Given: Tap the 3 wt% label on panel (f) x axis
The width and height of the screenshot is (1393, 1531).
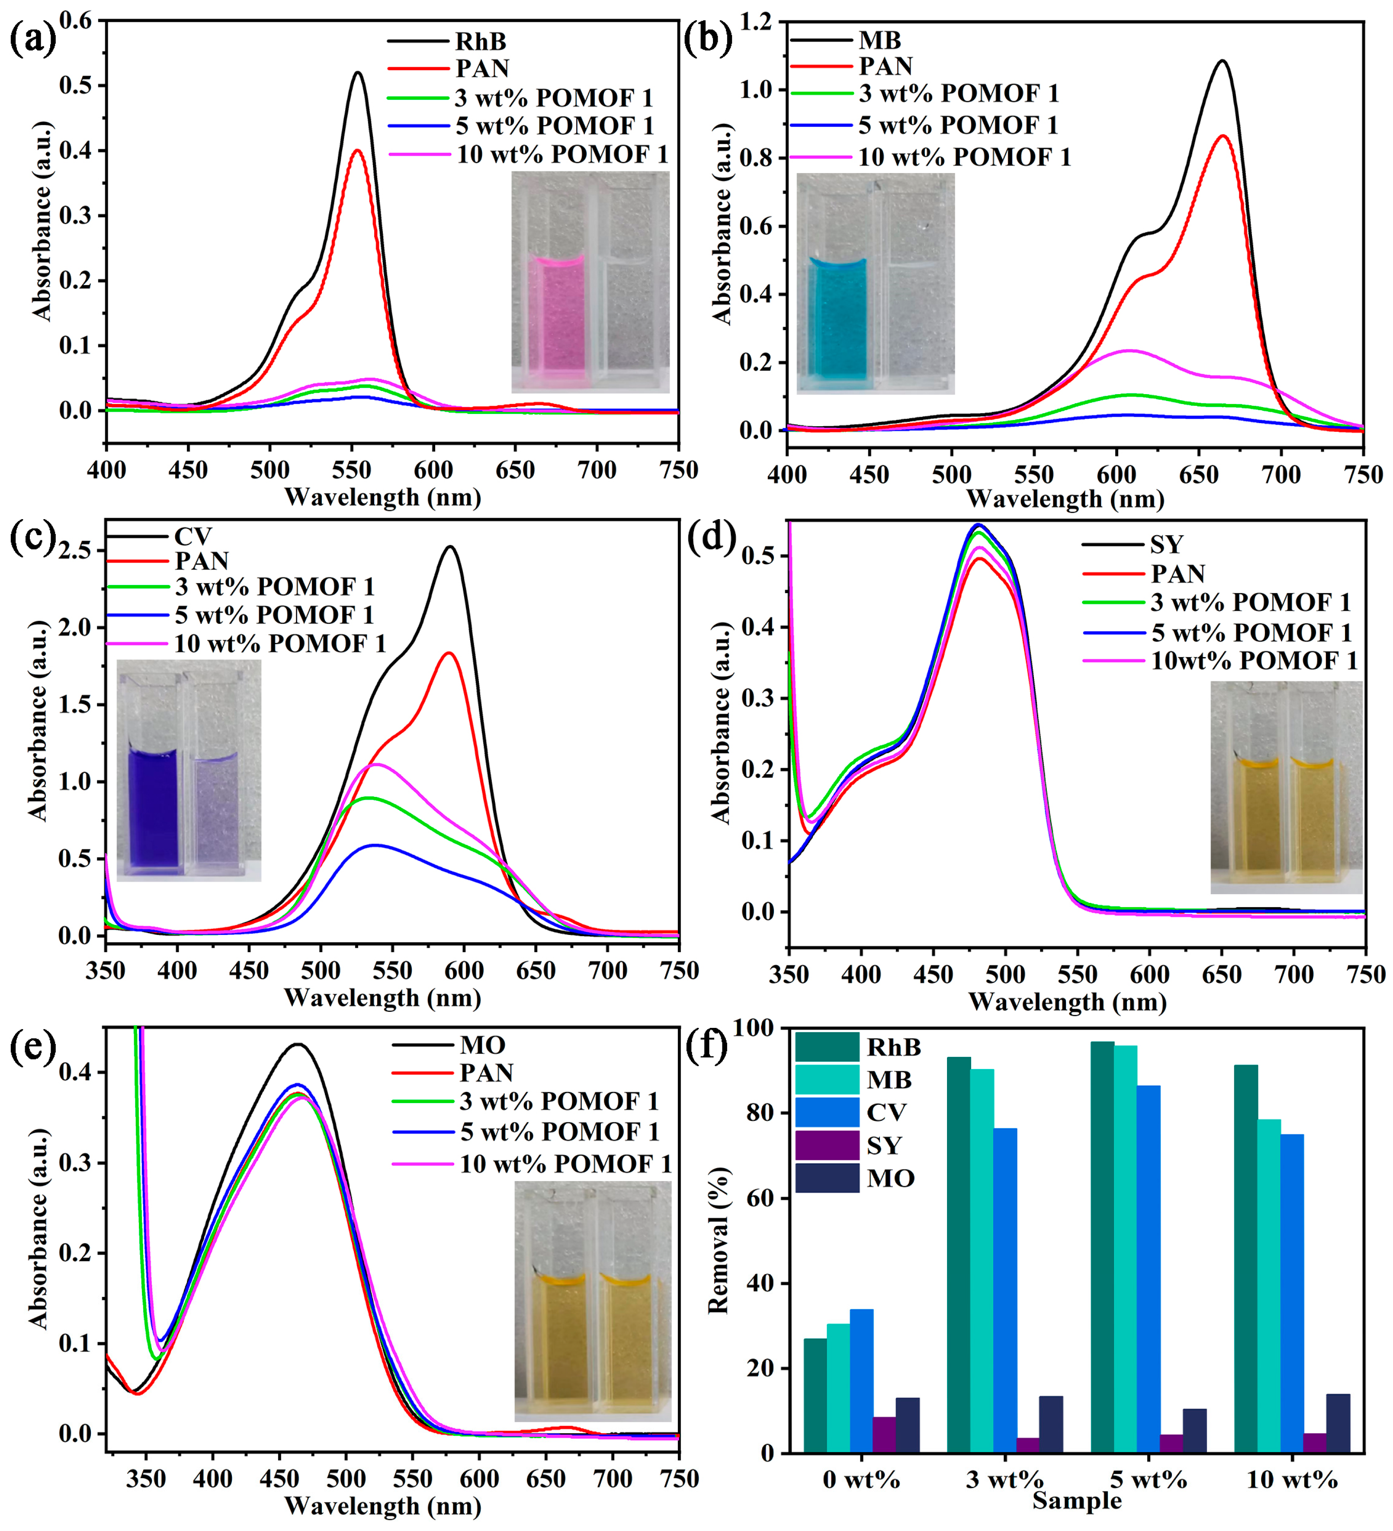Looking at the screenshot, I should pyautogui.click(x=1004, y=1480).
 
